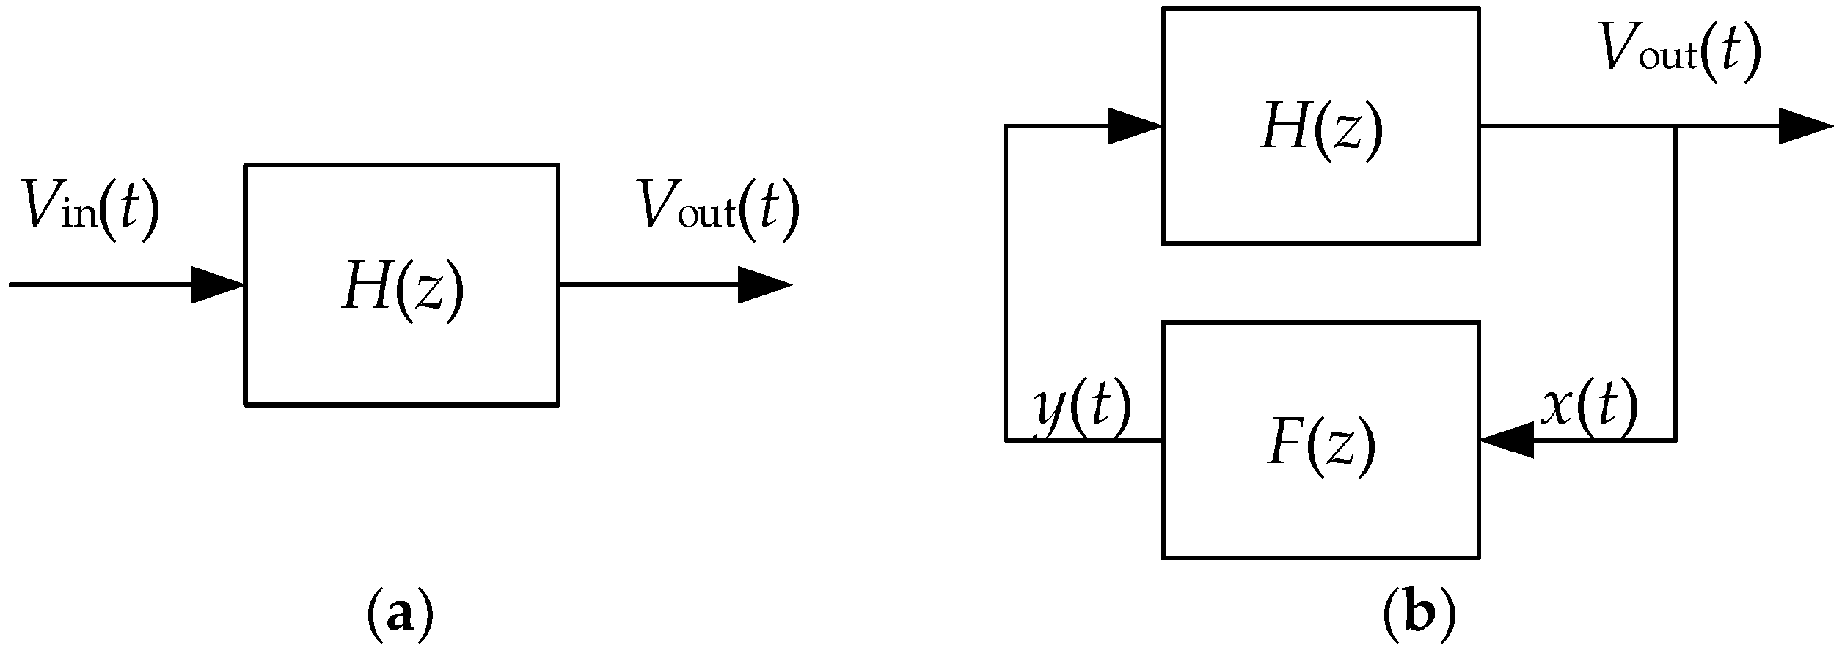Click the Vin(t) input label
90,208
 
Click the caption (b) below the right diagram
1418,616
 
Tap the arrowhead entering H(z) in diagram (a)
217,284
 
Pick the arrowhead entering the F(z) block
1507,441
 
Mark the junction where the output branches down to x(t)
1675,127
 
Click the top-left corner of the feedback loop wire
1006,127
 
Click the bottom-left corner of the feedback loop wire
1006,440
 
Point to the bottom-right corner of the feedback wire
1675,440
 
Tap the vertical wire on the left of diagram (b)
1006,286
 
